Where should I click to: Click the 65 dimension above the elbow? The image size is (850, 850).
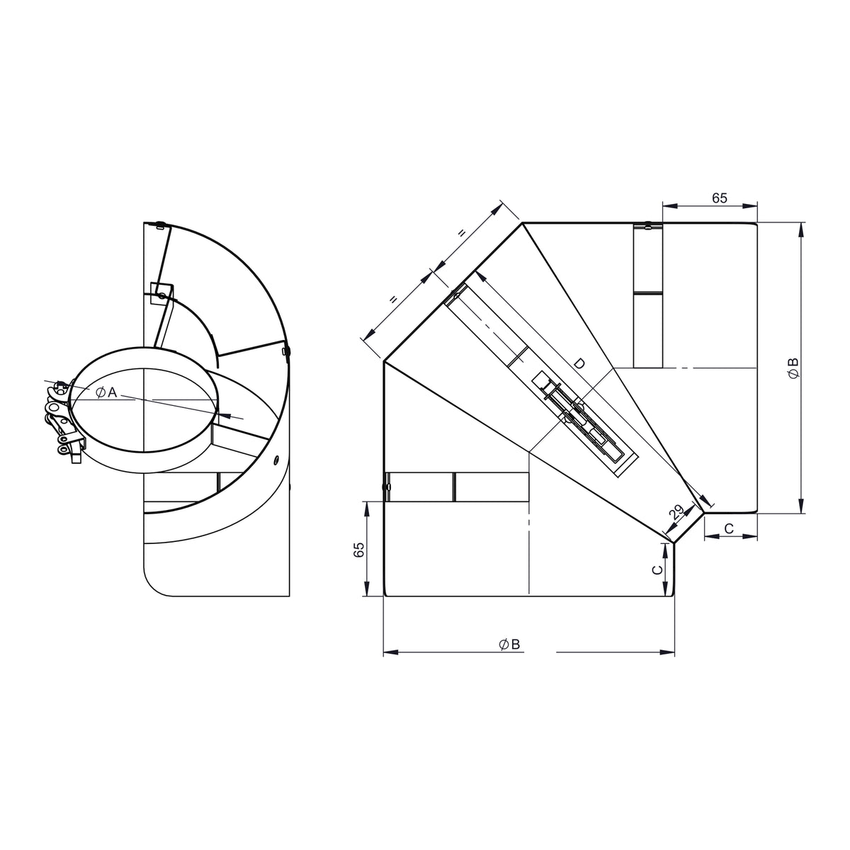point(720,198)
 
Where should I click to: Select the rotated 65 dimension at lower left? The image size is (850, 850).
point(359,550)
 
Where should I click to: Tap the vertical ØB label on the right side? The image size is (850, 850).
point(793,368)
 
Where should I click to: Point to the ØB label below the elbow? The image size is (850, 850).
point(509,645)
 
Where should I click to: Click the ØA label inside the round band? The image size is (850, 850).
point(106,392)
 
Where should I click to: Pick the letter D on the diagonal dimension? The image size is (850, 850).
point(579,363)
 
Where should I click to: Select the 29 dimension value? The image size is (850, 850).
point(676,511)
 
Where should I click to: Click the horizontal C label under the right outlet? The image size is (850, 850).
point(729,528)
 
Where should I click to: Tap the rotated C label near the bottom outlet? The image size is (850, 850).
point(657,570)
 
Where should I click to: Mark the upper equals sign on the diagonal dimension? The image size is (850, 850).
point(462,233)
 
